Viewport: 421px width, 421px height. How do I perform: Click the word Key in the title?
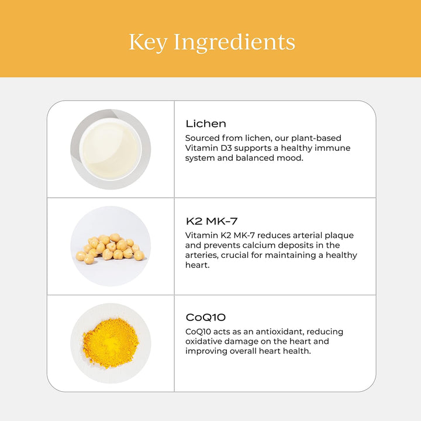click(148, 42)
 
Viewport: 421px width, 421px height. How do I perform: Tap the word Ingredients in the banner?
click(234, 42)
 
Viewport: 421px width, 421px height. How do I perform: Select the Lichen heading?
click(206, 124)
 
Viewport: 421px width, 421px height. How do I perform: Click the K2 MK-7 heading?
click(212, 221)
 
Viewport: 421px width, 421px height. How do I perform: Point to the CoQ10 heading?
click(206, 318)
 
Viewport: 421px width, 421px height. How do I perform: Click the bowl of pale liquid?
click(111, 149)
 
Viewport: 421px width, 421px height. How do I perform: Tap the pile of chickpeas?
click(110, 249)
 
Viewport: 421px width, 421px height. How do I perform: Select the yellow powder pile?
click(111, 343)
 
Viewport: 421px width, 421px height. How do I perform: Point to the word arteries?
click(202, 256)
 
